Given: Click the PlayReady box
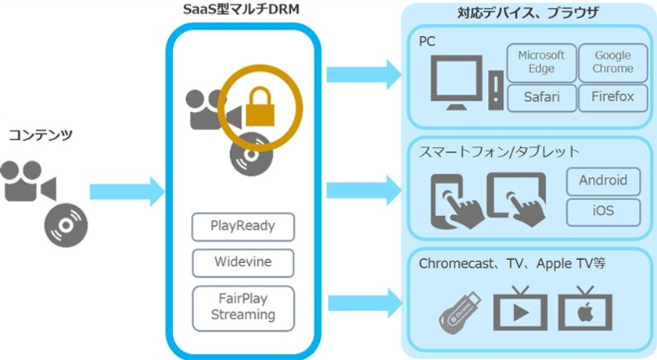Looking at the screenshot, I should coord(242,227).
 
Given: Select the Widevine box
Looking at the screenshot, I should coord(242,261).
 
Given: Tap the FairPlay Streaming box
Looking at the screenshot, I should coord(242,306).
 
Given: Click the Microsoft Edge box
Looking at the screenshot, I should coord(541,63).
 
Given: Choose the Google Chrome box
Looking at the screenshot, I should coord(612,63).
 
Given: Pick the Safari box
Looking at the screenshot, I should coord(541,99).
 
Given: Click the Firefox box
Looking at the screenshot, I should coord(612,99).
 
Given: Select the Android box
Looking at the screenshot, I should coord(603,181).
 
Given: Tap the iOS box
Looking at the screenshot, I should coord(603,211).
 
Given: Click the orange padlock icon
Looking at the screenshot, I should coord(259,110).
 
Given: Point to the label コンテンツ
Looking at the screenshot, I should coord(41,135).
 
